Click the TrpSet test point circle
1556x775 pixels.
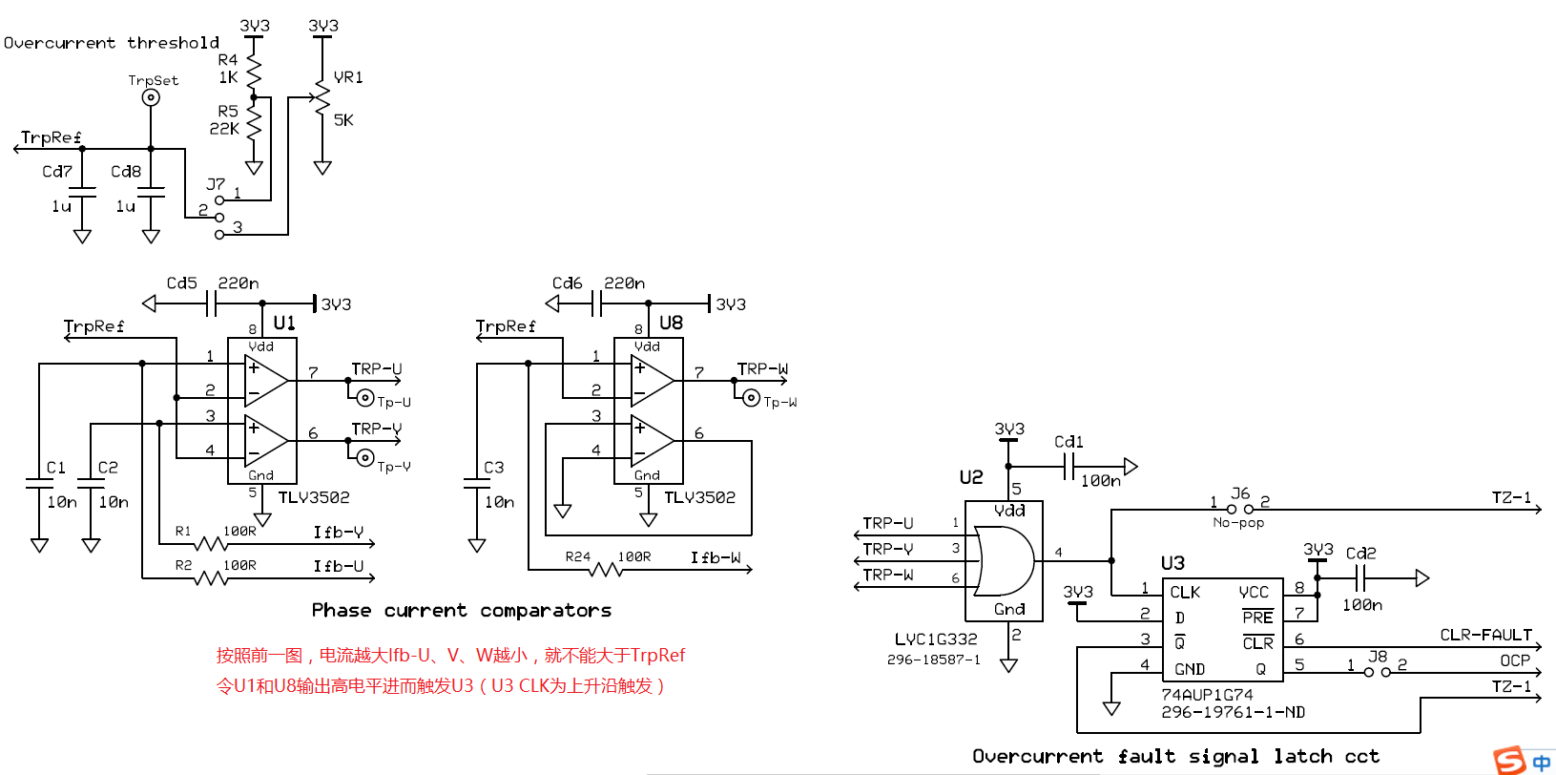151,97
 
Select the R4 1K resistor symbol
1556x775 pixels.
254,71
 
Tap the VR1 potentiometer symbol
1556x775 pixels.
322,98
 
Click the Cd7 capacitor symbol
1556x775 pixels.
82,193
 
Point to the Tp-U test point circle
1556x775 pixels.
365,398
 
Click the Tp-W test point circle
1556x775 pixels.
751,398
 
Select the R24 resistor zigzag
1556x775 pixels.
605,570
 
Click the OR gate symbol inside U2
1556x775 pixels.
1003,560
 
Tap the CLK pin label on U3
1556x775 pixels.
1184,592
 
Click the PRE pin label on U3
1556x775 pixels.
1257,617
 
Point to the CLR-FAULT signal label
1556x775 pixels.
1485,635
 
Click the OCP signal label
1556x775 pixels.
1515,660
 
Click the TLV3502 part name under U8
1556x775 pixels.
699,497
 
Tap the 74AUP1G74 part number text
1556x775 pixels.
1207,695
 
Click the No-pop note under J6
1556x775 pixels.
1238,523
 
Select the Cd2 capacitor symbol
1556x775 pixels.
1360,577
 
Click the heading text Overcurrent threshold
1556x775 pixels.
112,43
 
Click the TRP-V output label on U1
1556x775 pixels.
377,429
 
